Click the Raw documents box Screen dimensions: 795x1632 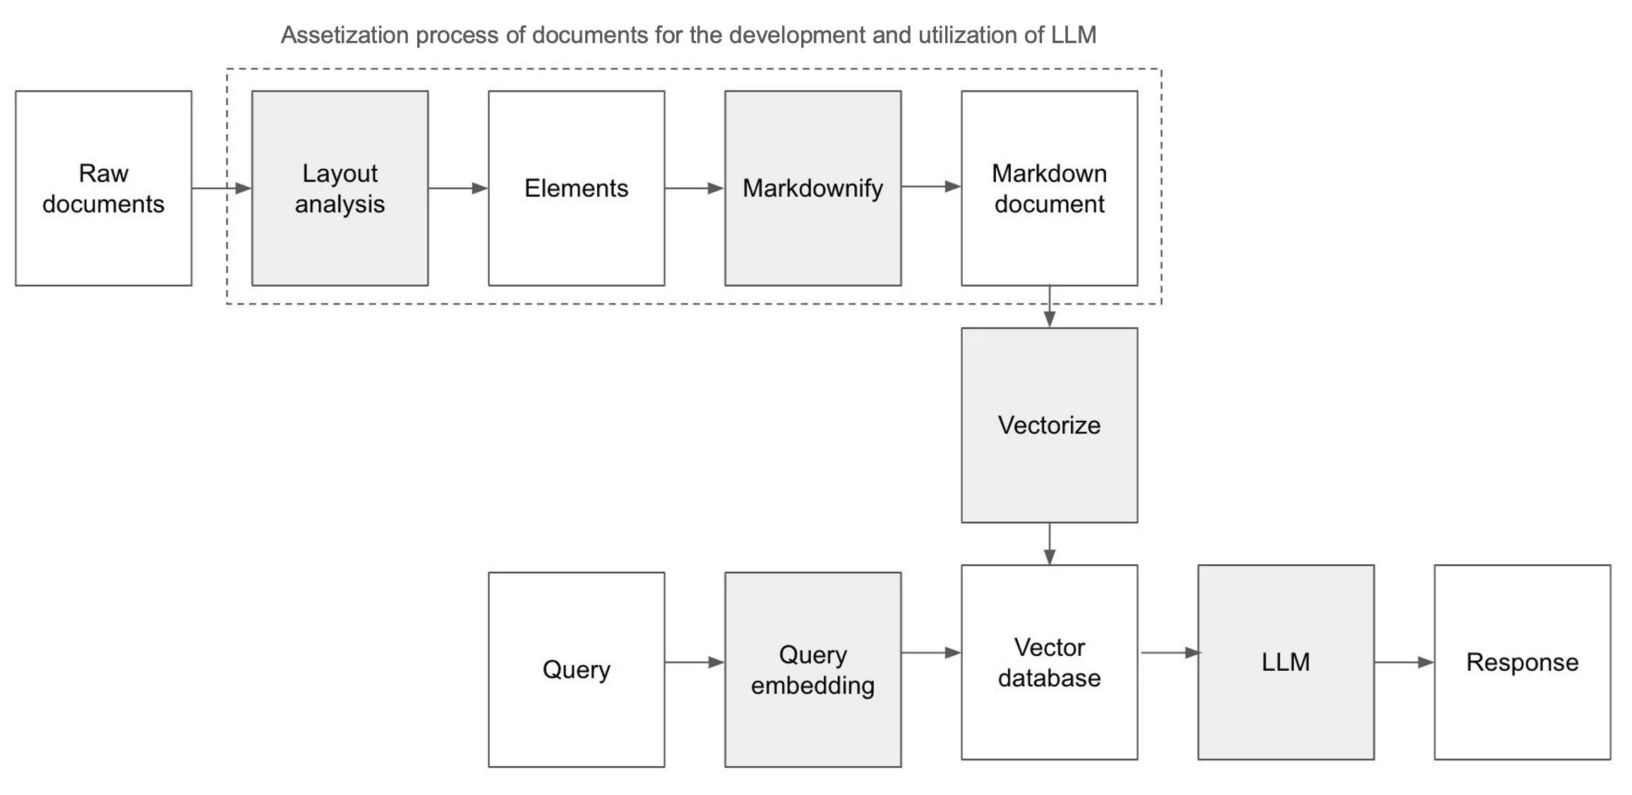103,188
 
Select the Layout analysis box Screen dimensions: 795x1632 340,188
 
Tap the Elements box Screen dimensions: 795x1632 576,188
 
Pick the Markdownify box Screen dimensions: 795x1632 812,188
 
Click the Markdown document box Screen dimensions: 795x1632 1049,188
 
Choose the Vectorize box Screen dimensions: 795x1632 1049,425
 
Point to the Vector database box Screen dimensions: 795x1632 1049,662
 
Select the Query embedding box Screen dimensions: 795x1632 812,669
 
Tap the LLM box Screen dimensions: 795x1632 1285,662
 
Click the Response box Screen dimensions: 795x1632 1522,662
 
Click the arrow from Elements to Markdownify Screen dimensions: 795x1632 694,189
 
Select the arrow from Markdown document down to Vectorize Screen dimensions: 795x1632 1050,306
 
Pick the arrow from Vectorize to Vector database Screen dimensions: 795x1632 1050,544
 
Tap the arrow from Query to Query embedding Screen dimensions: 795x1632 694,662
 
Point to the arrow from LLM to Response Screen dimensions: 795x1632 1403,662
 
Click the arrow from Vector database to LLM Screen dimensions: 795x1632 1169,653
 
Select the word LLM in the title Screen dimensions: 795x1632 1073,35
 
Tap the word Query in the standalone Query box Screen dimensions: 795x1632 576,669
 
